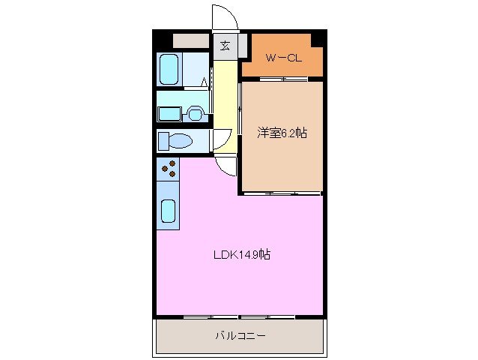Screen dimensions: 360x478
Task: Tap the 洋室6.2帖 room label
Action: pyautogui.click(x=282, y=133)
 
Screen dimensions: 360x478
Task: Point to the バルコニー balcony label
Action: pyautogui.click(x=240, y=335)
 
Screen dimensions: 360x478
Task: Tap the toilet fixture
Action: pyautogui.click(x=177, y=140)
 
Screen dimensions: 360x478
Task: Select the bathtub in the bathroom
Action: pyautogui.click(x=170, y=70)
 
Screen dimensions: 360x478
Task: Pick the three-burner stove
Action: pyautogui.click(x=169, y=169)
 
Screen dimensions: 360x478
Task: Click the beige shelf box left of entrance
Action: pyautogui.click(x=191, y=40)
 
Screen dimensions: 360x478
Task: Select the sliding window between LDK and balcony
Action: pyautogui.click(x=240, y=316)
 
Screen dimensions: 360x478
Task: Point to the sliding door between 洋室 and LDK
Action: pyautogui.click(x=281, y=193)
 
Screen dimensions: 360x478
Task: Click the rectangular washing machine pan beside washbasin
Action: pyautogui.click(x=169, y=113)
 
